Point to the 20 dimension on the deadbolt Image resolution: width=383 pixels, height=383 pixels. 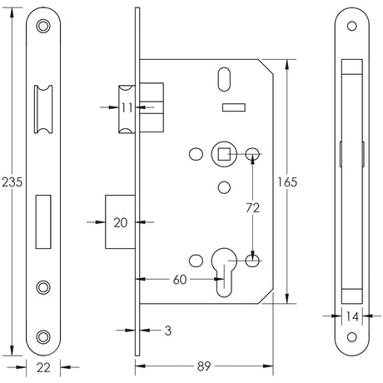click(x=120, y=222)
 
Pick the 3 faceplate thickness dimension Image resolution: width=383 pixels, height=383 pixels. click(x=168, y=331)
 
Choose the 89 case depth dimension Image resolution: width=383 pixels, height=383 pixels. click(x=202, y=365)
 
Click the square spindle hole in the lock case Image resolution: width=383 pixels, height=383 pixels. click(x=223, y=153)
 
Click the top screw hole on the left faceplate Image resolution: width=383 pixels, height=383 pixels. click(x=44, y=27)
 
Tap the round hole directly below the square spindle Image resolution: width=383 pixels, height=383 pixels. click(x=222, y=185)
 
